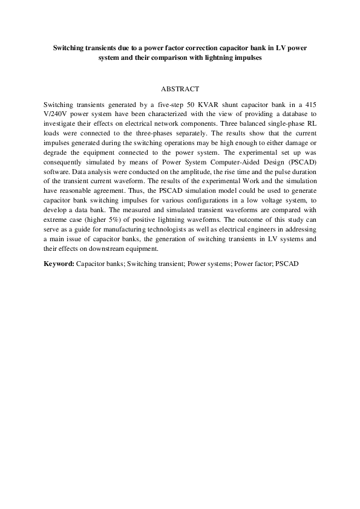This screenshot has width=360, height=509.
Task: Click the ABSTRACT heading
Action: tap(180, 89)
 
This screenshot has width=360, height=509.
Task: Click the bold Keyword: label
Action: tap(59, 265)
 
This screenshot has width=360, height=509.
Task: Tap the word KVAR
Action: tap(215, 105)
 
